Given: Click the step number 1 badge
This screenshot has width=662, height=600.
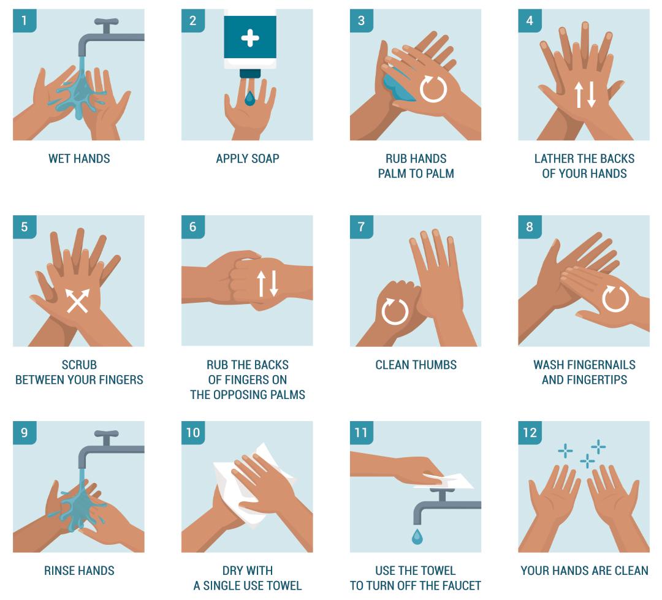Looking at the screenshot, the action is [x=25, y=21].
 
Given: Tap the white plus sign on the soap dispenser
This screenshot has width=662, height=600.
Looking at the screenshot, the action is [x=250, y=38].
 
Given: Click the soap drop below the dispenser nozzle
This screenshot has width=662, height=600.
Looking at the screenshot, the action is [x=249, y=99].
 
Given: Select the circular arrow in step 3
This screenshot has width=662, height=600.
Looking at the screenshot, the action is [x=433, y=89].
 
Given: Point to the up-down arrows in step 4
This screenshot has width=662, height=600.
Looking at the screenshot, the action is [x=585, y=94].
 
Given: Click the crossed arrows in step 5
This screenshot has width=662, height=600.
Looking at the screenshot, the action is [x=78, y=301].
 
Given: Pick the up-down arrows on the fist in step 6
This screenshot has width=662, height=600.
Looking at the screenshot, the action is [x=268, y=283].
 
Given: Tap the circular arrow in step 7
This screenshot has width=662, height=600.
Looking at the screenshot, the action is [x=395, y=311].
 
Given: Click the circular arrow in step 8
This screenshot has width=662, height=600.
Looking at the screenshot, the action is [x=615, y=298].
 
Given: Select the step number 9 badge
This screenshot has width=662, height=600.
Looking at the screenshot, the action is [x=25, y=433].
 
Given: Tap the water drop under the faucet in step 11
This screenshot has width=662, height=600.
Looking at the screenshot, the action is [x=417, y=536].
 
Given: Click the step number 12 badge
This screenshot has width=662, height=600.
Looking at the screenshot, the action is [x=530, y=433].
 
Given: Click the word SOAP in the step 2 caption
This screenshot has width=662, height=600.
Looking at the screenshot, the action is [x=265, y=159].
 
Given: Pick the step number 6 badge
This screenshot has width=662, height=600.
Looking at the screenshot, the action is [x=193, y=227].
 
